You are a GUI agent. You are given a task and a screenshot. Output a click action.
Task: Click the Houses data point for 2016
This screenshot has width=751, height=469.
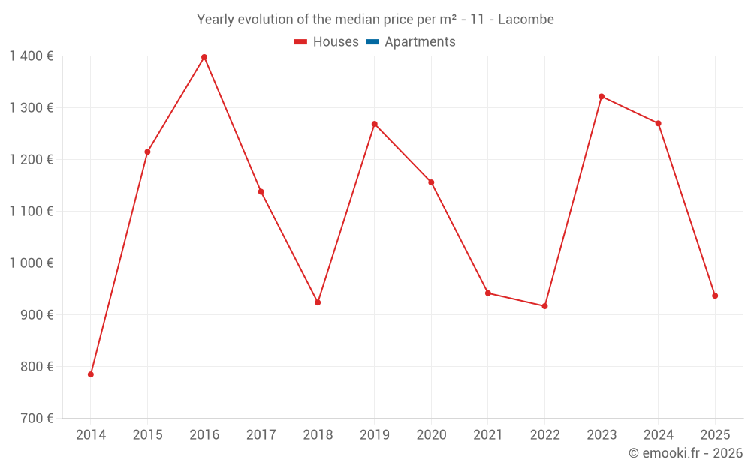click(x=204, y=57)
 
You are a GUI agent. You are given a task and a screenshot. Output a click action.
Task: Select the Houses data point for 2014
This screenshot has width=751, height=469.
click(x=91, y=374)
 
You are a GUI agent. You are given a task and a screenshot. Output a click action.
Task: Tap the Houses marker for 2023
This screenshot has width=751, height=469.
click(x=602, y=96)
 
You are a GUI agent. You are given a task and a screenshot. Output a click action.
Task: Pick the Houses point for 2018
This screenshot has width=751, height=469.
click(x=318, y=302)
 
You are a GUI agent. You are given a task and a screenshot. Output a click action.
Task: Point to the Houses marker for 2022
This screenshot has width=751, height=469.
click(x=544, y=306)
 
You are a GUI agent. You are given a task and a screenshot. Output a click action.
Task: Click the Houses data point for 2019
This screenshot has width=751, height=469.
click(x=375, y=124)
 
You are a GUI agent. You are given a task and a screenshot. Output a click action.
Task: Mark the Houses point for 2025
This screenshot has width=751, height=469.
click(x=715, y=296)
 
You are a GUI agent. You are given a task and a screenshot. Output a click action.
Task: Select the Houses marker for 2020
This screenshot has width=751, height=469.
click(x=431, y=182)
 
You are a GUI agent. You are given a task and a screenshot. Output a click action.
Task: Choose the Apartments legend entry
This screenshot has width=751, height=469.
click(x=420, y=42)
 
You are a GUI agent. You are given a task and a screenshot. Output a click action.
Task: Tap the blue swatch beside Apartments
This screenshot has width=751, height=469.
click(x=372, y=42)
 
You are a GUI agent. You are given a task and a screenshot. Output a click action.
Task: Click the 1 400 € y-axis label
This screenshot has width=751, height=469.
click(x=32, y=56)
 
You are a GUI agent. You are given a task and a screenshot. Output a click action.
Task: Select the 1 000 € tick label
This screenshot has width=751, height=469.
click(x=32, y=263)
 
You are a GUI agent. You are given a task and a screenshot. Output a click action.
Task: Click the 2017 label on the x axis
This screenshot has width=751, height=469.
click(x=261, y=434)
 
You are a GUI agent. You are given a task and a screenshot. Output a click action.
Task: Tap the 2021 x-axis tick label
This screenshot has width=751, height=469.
click(x=488, y=434)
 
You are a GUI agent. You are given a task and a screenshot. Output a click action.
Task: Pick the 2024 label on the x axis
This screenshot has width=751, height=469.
click(x=658, y=434)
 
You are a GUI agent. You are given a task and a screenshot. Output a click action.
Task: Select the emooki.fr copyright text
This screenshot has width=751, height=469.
click(x=686, y=453)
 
